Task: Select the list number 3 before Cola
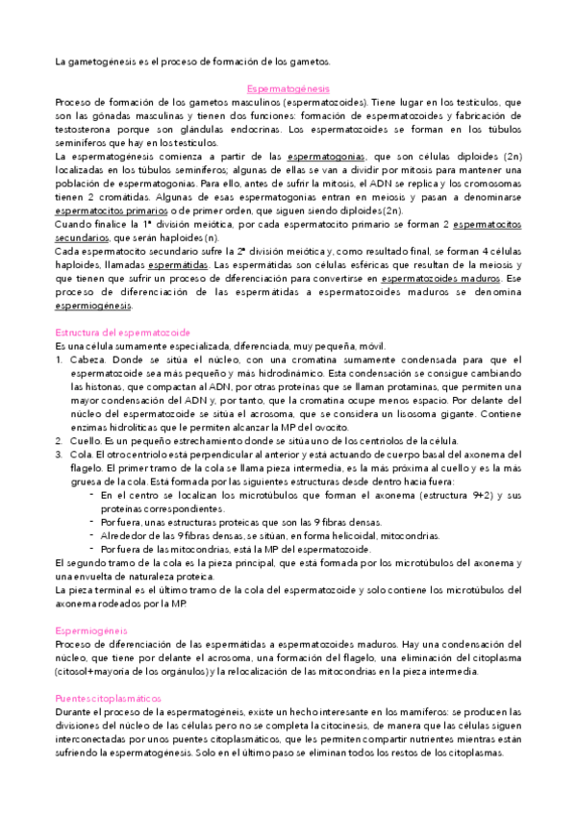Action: [x=59, y=454]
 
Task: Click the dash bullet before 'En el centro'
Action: [x=90, y=495]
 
